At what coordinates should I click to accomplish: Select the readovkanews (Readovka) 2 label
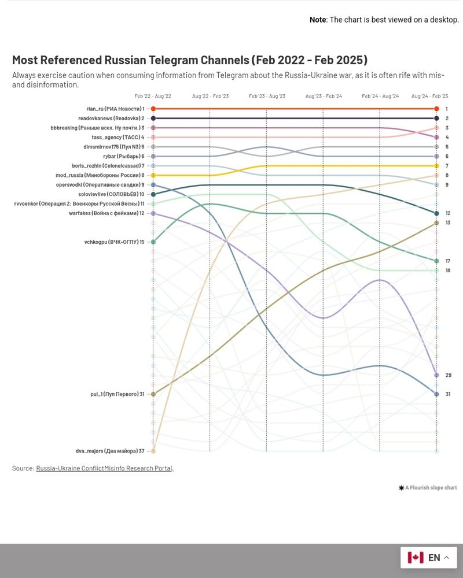coord(111,118)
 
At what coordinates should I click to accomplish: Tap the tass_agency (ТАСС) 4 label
coord(117,138)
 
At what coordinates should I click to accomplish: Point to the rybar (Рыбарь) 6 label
coord(122,157)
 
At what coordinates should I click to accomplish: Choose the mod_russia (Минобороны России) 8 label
coord(100,175)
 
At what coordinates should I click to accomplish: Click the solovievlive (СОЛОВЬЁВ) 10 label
coord(111,194)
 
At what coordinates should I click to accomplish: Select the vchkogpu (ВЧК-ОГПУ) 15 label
coord(114,242)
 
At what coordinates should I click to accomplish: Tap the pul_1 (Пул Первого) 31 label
coord(117,394)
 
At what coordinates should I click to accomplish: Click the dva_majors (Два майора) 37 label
coord(110,451)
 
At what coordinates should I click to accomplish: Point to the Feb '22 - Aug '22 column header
coord(153,96)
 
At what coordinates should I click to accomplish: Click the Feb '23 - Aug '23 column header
coord(267,96)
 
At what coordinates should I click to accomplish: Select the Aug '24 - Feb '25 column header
coord(429,96)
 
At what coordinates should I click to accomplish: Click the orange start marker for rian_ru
coord(153,109)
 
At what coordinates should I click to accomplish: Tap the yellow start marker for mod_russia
coord(153,175)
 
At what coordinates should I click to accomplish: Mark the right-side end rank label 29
coord(448,376)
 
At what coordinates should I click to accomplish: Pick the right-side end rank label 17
coord(448,261)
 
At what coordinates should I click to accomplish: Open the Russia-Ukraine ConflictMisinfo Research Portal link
coord(105,468)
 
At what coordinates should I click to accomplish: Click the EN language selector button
coord(429,558)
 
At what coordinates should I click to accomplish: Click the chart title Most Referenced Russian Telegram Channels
coord(189,60)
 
